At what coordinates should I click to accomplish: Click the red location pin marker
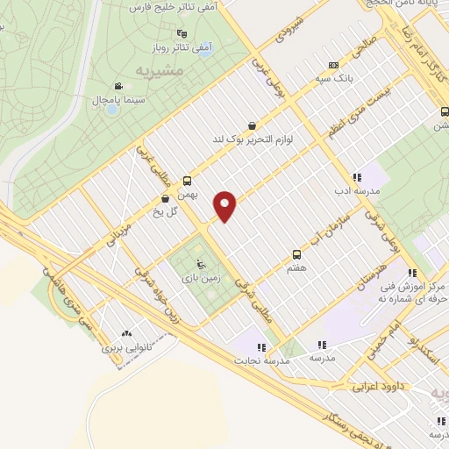pyautogui.click(x=226, y=205)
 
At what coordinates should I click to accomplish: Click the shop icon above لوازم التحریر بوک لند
pyautogui.click(x=253, y=125)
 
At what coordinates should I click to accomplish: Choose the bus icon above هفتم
pyautogui.click(x=296, y=255)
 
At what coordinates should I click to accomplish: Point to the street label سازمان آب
pyautogui.click(x=319, y=227)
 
